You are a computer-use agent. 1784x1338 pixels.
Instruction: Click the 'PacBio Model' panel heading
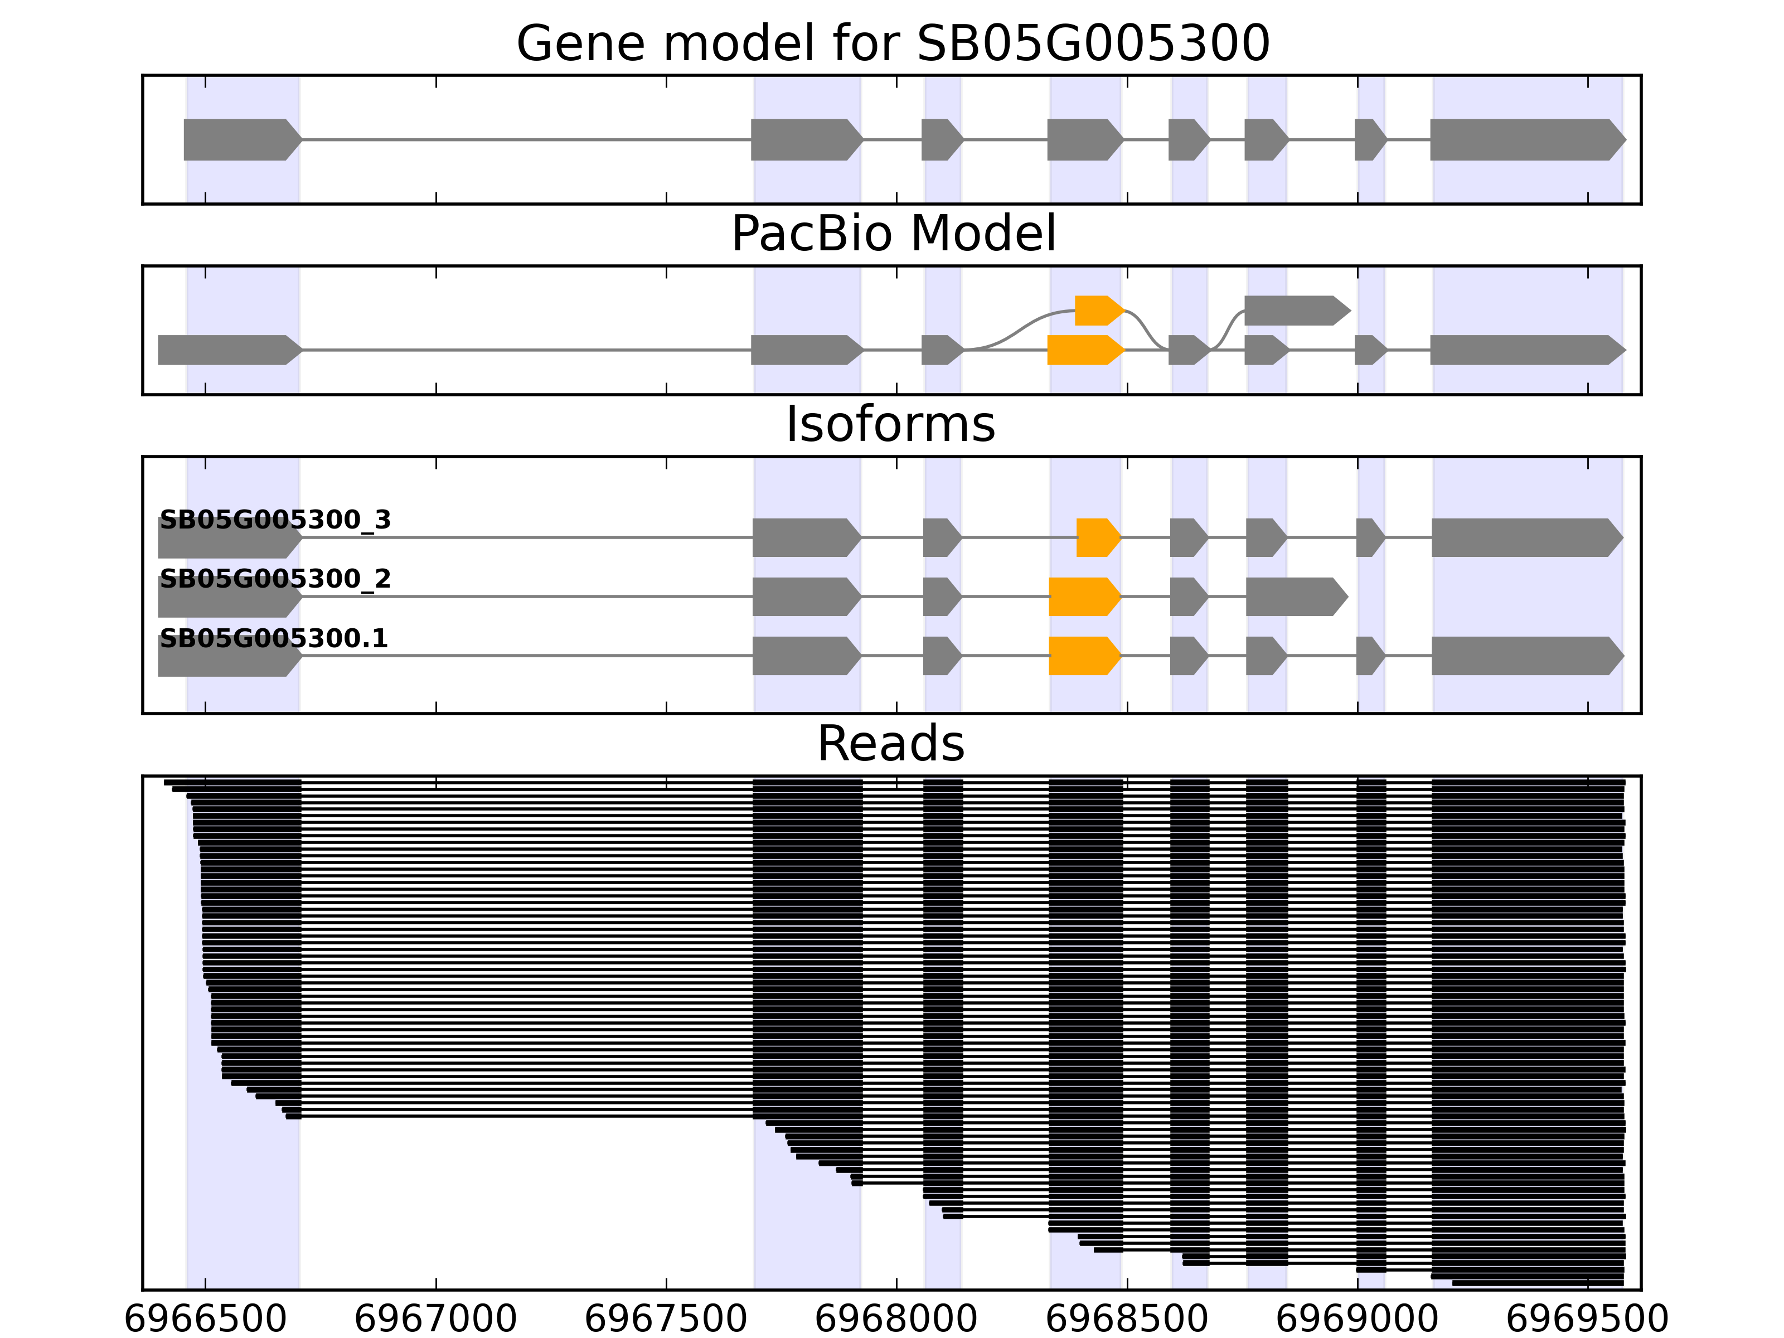(892, 234)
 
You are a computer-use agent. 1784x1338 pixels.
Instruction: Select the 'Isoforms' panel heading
(890, 425)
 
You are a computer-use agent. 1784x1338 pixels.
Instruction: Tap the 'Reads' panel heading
(890, 744)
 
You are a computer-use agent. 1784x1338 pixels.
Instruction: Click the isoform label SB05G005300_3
(275, 520)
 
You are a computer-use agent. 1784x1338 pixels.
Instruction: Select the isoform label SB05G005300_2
(275, 579)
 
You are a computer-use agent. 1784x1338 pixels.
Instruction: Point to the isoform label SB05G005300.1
(273, 639)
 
